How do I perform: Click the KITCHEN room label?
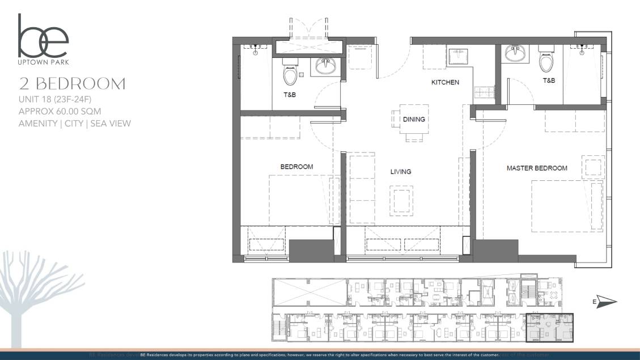tap(445, 82)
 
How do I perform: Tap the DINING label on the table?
tap(414, 120)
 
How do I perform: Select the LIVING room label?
tap(400, 171)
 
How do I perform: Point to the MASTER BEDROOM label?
tap(536, 168)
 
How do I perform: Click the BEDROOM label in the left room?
tap(296, 167)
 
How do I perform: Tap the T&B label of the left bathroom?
tap(289, 95)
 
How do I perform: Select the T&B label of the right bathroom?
tap(549, 81)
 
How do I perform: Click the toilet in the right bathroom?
tap(547, 60)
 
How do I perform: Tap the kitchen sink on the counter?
tap(457, 56)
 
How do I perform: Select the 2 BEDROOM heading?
tap(72, 84)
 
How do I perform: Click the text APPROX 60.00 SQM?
tap(60, 111)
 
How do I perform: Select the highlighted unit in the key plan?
tap(549, 328)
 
